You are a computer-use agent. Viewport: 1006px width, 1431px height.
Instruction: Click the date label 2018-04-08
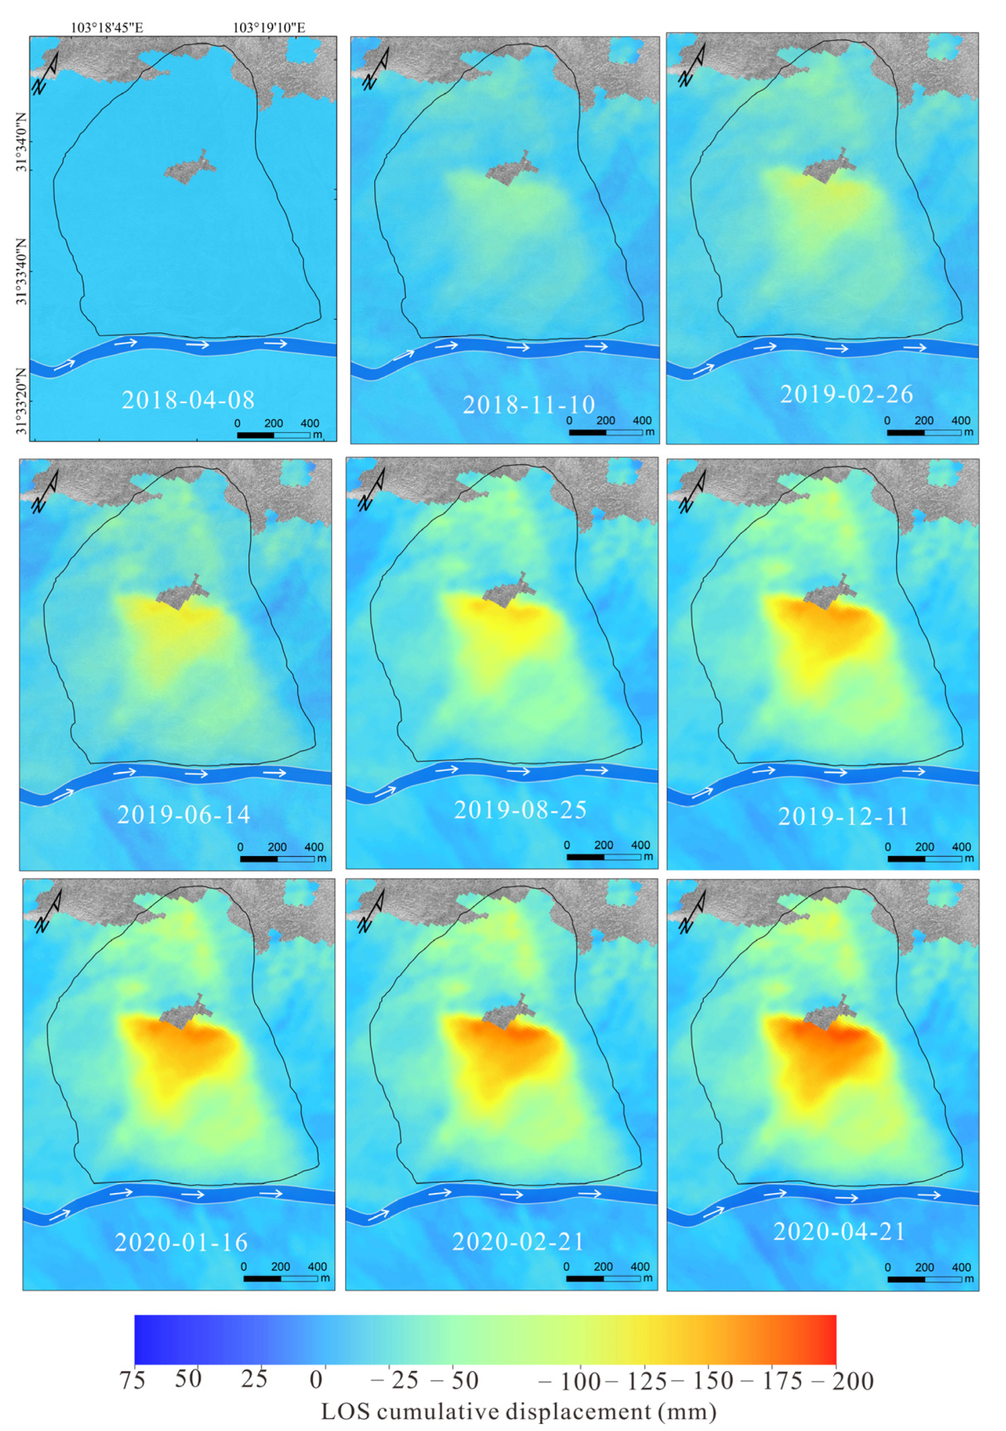click(x=188, y=400)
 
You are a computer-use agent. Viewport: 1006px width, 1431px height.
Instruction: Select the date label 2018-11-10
click(x=528, y=405)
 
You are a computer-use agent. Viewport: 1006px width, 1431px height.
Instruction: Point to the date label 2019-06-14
click(x=183, y=815)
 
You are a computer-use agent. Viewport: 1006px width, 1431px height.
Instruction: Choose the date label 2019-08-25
click(x=520, y=810)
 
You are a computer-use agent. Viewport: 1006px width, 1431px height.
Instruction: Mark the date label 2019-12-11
click(x=844, y=816)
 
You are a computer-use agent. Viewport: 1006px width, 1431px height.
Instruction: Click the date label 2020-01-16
click(x=181, y=1242)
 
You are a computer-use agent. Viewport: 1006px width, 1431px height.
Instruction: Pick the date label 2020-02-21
click(x=518, y=1242)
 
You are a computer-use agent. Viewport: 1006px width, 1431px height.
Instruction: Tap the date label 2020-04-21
click(x=839, y=1231)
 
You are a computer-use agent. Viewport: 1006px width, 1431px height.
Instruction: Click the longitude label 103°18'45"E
click(x=107, y=27)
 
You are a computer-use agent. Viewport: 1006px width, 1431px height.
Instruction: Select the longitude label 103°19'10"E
click(x=269, y=27)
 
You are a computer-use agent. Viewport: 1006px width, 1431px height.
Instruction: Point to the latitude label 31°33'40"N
click(x=22, y=271)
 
